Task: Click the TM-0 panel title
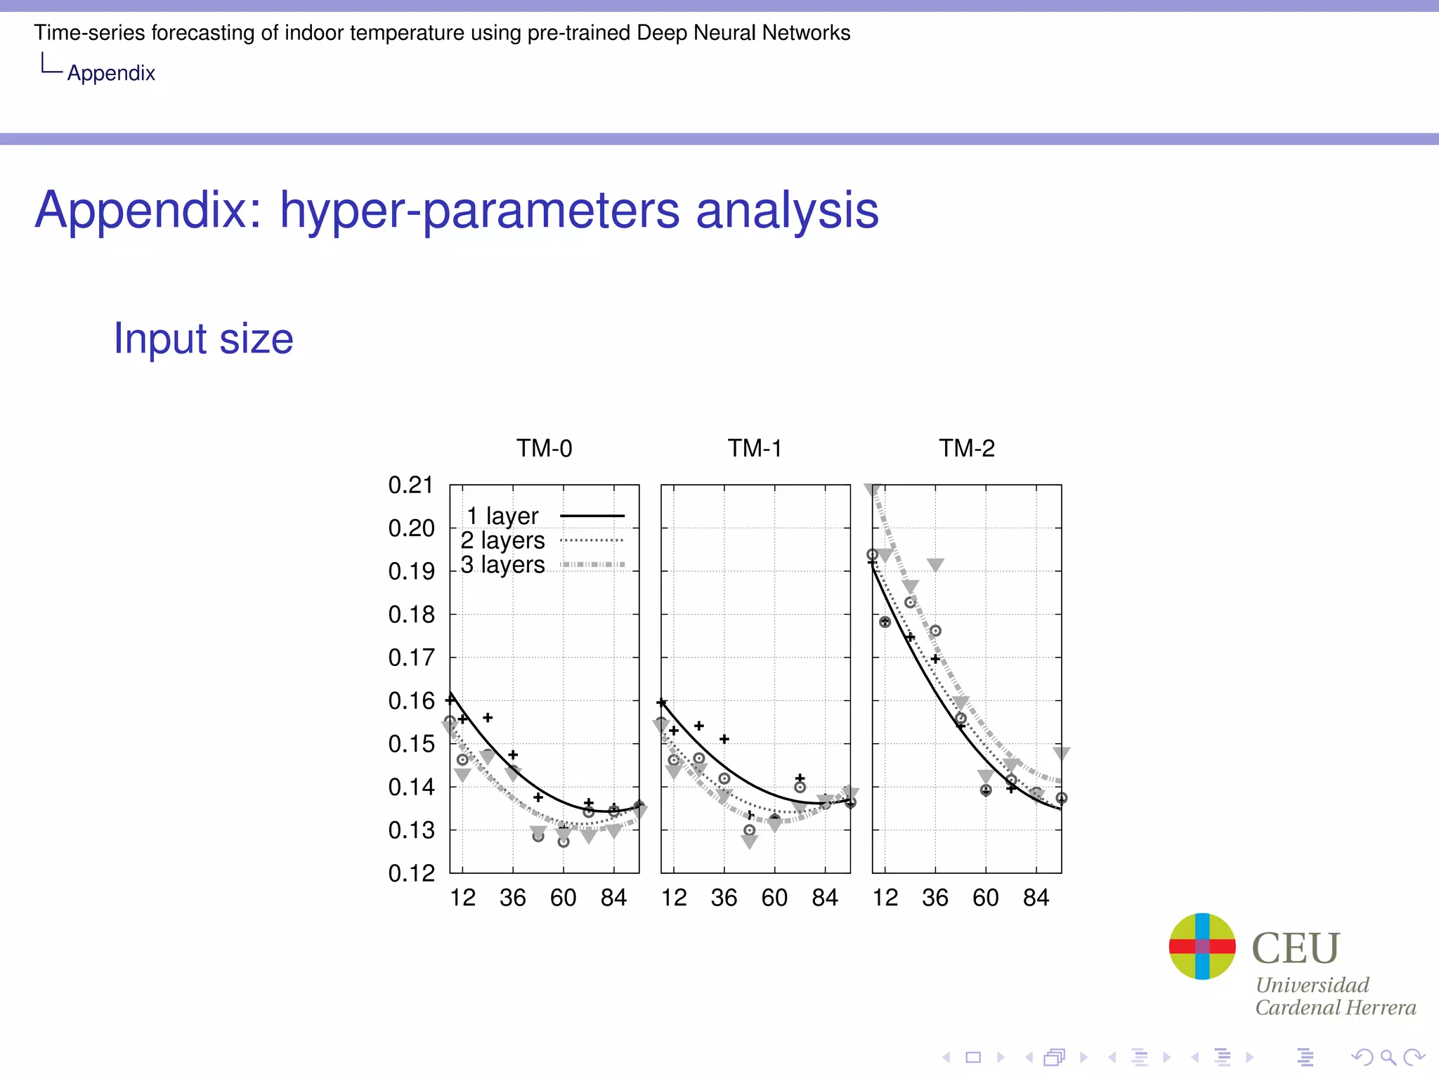tap(544, 448)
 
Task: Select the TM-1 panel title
tap(755, 448)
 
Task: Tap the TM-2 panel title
tap(967, 448)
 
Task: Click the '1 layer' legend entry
tap(502, 516)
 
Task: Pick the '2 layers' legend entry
tap(502, 540)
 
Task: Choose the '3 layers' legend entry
tap(502, 565)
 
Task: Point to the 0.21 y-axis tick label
tap(410, 485)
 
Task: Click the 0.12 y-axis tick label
tap(410, 873)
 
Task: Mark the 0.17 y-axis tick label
tap(410, 658)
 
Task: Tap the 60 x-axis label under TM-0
tap(563, 898)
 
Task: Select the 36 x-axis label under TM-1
tap(724, 898)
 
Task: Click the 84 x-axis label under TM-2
tap(1036, 898)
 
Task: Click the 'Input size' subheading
tap(204, 339)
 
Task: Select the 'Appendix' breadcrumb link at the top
tap(111, 73)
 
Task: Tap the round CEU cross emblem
tap(1202, 946)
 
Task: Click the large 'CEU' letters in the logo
tap(1296, 948)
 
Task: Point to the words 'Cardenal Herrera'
tap(1335, 1007)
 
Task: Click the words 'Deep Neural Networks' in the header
tap(743, 33)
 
